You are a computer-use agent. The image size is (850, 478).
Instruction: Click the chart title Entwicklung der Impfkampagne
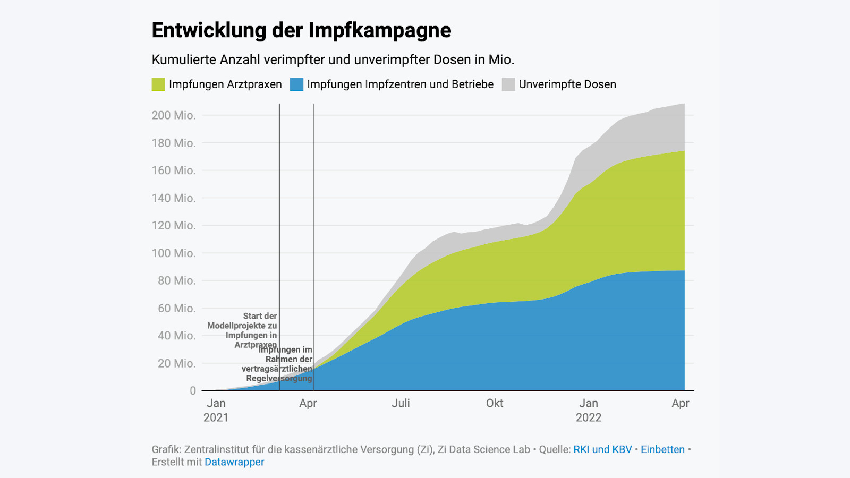(x=301, y=30)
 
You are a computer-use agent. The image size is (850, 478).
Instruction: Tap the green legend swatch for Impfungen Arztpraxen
(x=158, y=84)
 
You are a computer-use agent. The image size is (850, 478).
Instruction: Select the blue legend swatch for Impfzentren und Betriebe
(x=296, y=84)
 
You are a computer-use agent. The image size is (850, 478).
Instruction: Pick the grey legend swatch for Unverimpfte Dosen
(x=508, y=84)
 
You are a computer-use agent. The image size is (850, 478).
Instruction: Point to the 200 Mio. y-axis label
(x=174, y=115)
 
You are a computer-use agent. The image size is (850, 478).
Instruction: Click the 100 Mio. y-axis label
(x=174, y=253)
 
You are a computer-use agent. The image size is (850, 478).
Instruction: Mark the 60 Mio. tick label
(x=176, y=308)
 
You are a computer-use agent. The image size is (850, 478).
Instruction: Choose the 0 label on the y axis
(x=193, y=391)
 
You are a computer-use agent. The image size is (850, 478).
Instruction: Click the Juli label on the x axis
(x=401, y=403)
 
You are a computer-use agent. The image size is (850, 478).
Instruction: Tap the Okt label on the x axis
(x=495, y=403)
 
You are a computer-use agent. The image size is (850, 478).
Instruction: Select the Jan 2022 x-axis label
(x=589, y=410)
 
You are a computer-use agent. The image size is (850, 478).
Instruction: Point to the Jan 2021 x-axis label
(x=216, y=410)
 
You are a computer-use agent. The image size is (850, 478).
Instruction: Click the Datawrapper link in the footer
(x=234, y=462)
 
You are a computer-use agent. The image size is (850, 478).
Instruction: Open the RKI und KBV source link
(x=602, y=449)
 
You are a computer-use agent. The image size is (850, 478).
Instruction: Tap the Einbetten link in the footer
(x=662, y=449)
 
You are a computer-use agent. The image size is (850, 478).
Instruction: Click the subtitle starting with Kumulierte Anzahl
(x=333, y=59)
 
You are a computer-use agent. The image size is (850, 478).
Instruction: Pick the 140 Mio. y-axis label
(x=174, y=198)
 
